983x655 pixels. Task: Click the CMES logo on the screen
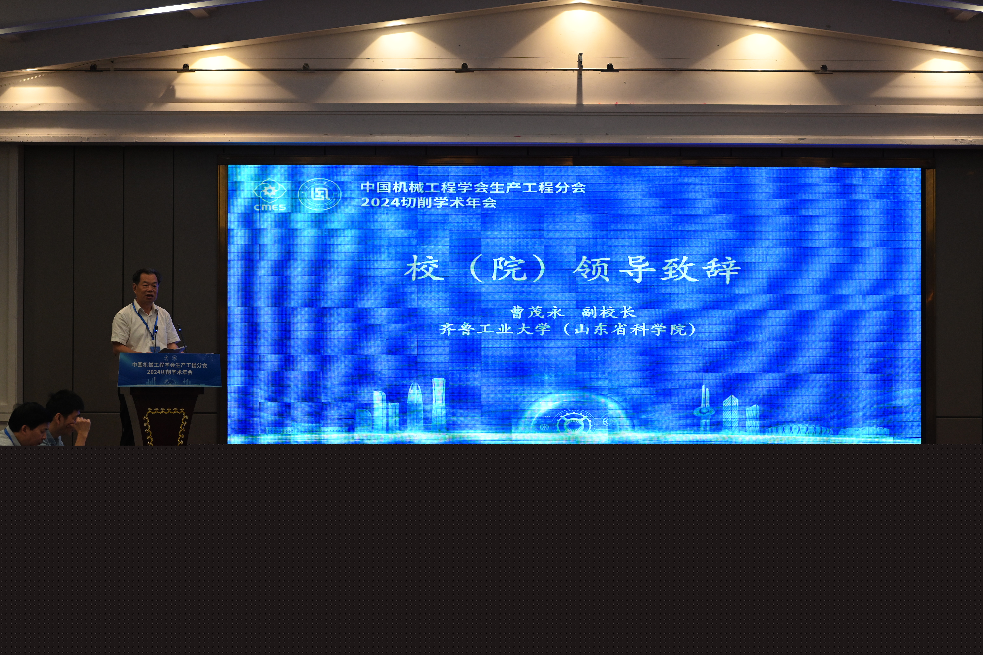tap(270, 195)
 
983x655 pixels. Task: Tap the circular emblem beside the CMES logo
tap(320, 194)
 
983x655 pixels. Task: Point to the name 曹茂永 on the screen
tap(537, 312)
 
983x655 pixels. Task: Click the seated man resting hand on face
tap(67, 418)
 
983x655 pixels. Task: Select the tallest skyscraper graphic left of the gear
tap(438, 404)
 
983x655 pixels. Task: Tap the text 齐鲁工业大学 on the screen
tap(495, 329)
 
